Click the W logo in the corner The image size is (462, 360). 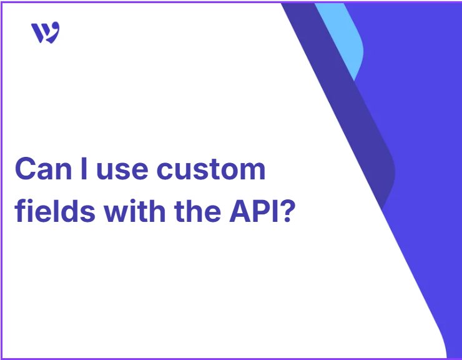pyautogui.click(x=46, y=32)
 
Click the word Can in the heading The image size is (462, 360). pyautogui.click(x=44, y=169)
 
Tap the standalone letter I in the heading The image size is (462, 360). pyautogui.click(x=84, y=169)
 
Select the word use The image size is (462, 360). pyautogui.click(x=122, y=171)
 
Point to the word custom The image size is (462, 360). pyautogui.click(x=211, y=169)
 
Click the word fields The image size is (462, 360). pyautogui.click(x=55, y=211)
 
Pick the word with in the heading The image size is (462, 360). pyautogui.click(x=134, y=211)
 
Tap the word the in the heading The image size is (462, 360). pyautogui.click(x=197, y=211)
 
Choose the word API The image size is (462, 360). pyautogui.click(x=253, y=211)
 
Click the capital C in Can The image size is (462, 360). pyautogui.click(x=26, y=169)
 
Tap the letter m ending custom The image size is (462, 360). pyautogui.click(x=252, y=171)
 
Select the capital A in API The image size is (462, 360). pyautogui.click(x=240, y=211)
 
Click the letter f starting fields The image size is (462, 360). pyautogui.click(x=20, y=211)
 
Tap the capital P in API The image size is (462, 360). pyautogui.click(x=262, y=211)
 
